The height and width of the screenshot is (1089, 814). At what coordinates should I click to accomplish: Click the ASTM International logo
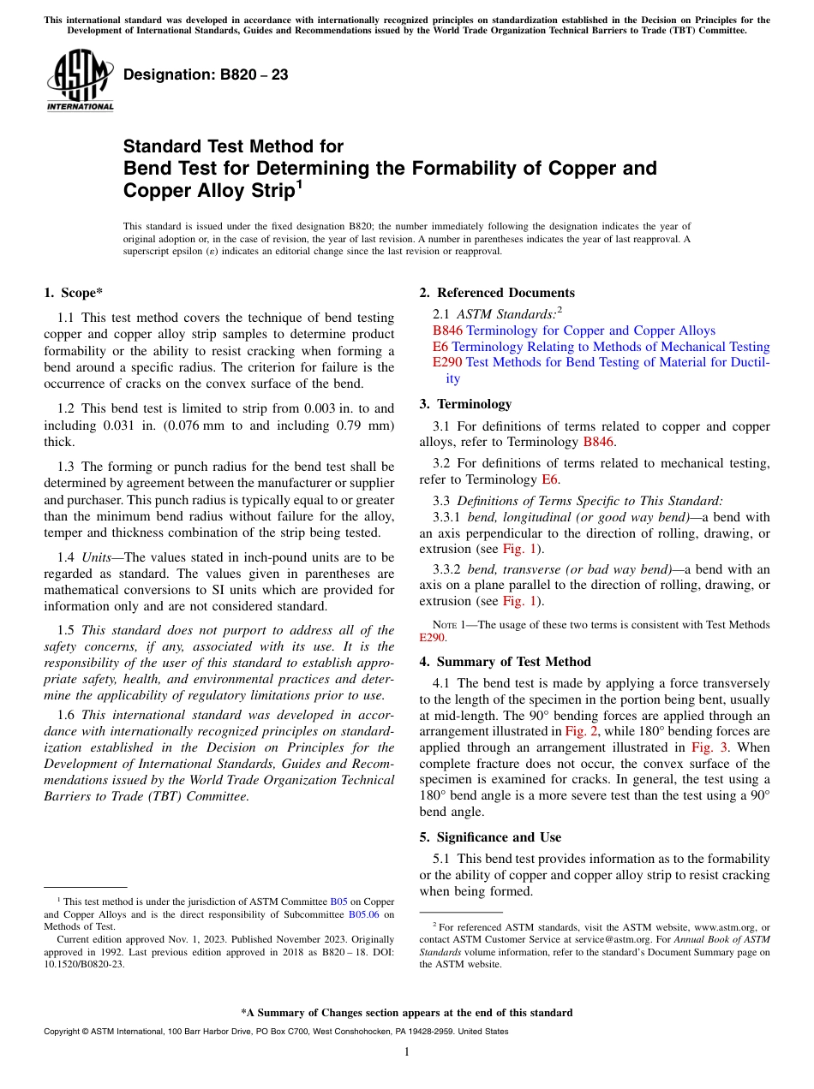coord(80,81)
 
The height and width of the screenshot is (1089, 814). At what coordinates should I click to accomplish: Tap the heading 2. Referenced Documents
coord(497,293)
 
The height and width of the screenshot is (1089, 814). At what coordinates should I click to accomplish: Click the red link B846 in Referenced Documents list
coord(447,330)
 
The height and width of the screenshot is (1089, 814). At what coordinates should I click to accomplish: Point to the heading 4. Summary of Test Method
coord(505,662)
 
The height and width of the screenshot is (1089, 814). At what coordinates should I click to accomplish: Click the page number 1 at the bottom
coord(407,1052)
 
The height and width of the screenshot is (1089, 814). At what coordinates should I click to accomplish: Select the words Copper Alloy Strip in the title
coord(205,191)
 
